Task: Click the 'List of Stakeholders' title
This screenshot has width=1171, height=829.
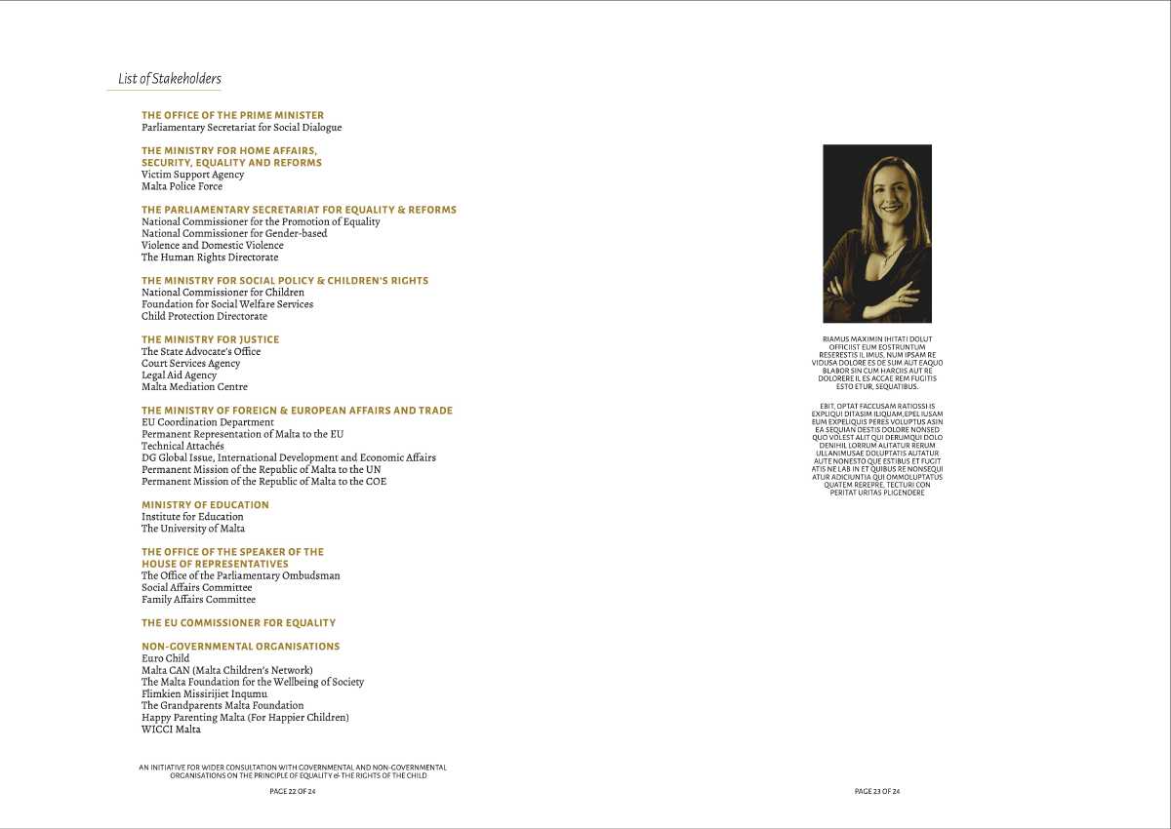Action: tap(170, 79)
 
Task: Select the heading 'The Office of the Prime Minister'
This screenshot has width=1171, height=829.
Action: tap(232, 115)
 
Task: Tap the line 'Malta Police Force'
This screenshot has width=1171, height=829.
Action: tap(182, 186)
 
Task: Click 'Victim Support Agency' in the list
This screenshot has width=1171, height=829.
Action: tap(192, 175)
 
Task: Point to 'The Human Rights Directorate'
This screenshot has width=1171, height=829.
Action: tap(210, 257)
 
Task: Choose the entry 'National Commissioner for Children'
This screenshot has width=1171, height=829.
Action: tap(222, 293)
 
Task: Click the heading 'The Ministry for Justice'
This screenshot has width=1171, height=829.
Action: tap(210, 339)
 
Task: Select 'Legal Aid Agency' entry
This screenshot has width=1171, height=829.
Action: tap(179, 375)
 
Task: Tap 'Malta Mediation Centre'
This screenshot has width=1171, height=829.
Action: tap(194, 387)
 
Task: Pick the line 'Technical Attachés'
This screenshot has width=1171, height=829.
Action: tap(182, 446)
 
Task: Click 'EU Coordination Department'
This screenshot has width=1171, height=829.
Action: tap(207, 422)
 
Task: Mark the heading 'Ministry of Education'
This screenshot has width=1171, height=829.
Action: tap(205, 505)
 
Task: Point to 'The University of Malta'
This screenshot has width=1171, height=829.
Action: tap(193, 529)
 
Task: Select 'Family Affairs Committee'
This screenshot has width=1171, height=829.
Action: tap(198, 600)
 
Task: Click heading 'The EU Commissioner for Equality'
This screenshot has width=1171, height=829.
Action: tap(238, 623)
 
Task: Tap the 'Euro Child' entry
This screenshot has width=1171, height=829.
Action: tap(165, 658)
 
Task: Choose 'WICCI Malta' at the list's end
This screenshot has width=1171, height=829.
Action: tap(171, 730)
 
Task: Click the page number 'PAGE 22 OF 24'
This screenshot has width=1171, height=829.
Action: tap(293, 792)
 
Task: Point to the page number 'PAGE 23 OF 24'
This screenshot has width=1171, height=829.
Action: tap(877, 792)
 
